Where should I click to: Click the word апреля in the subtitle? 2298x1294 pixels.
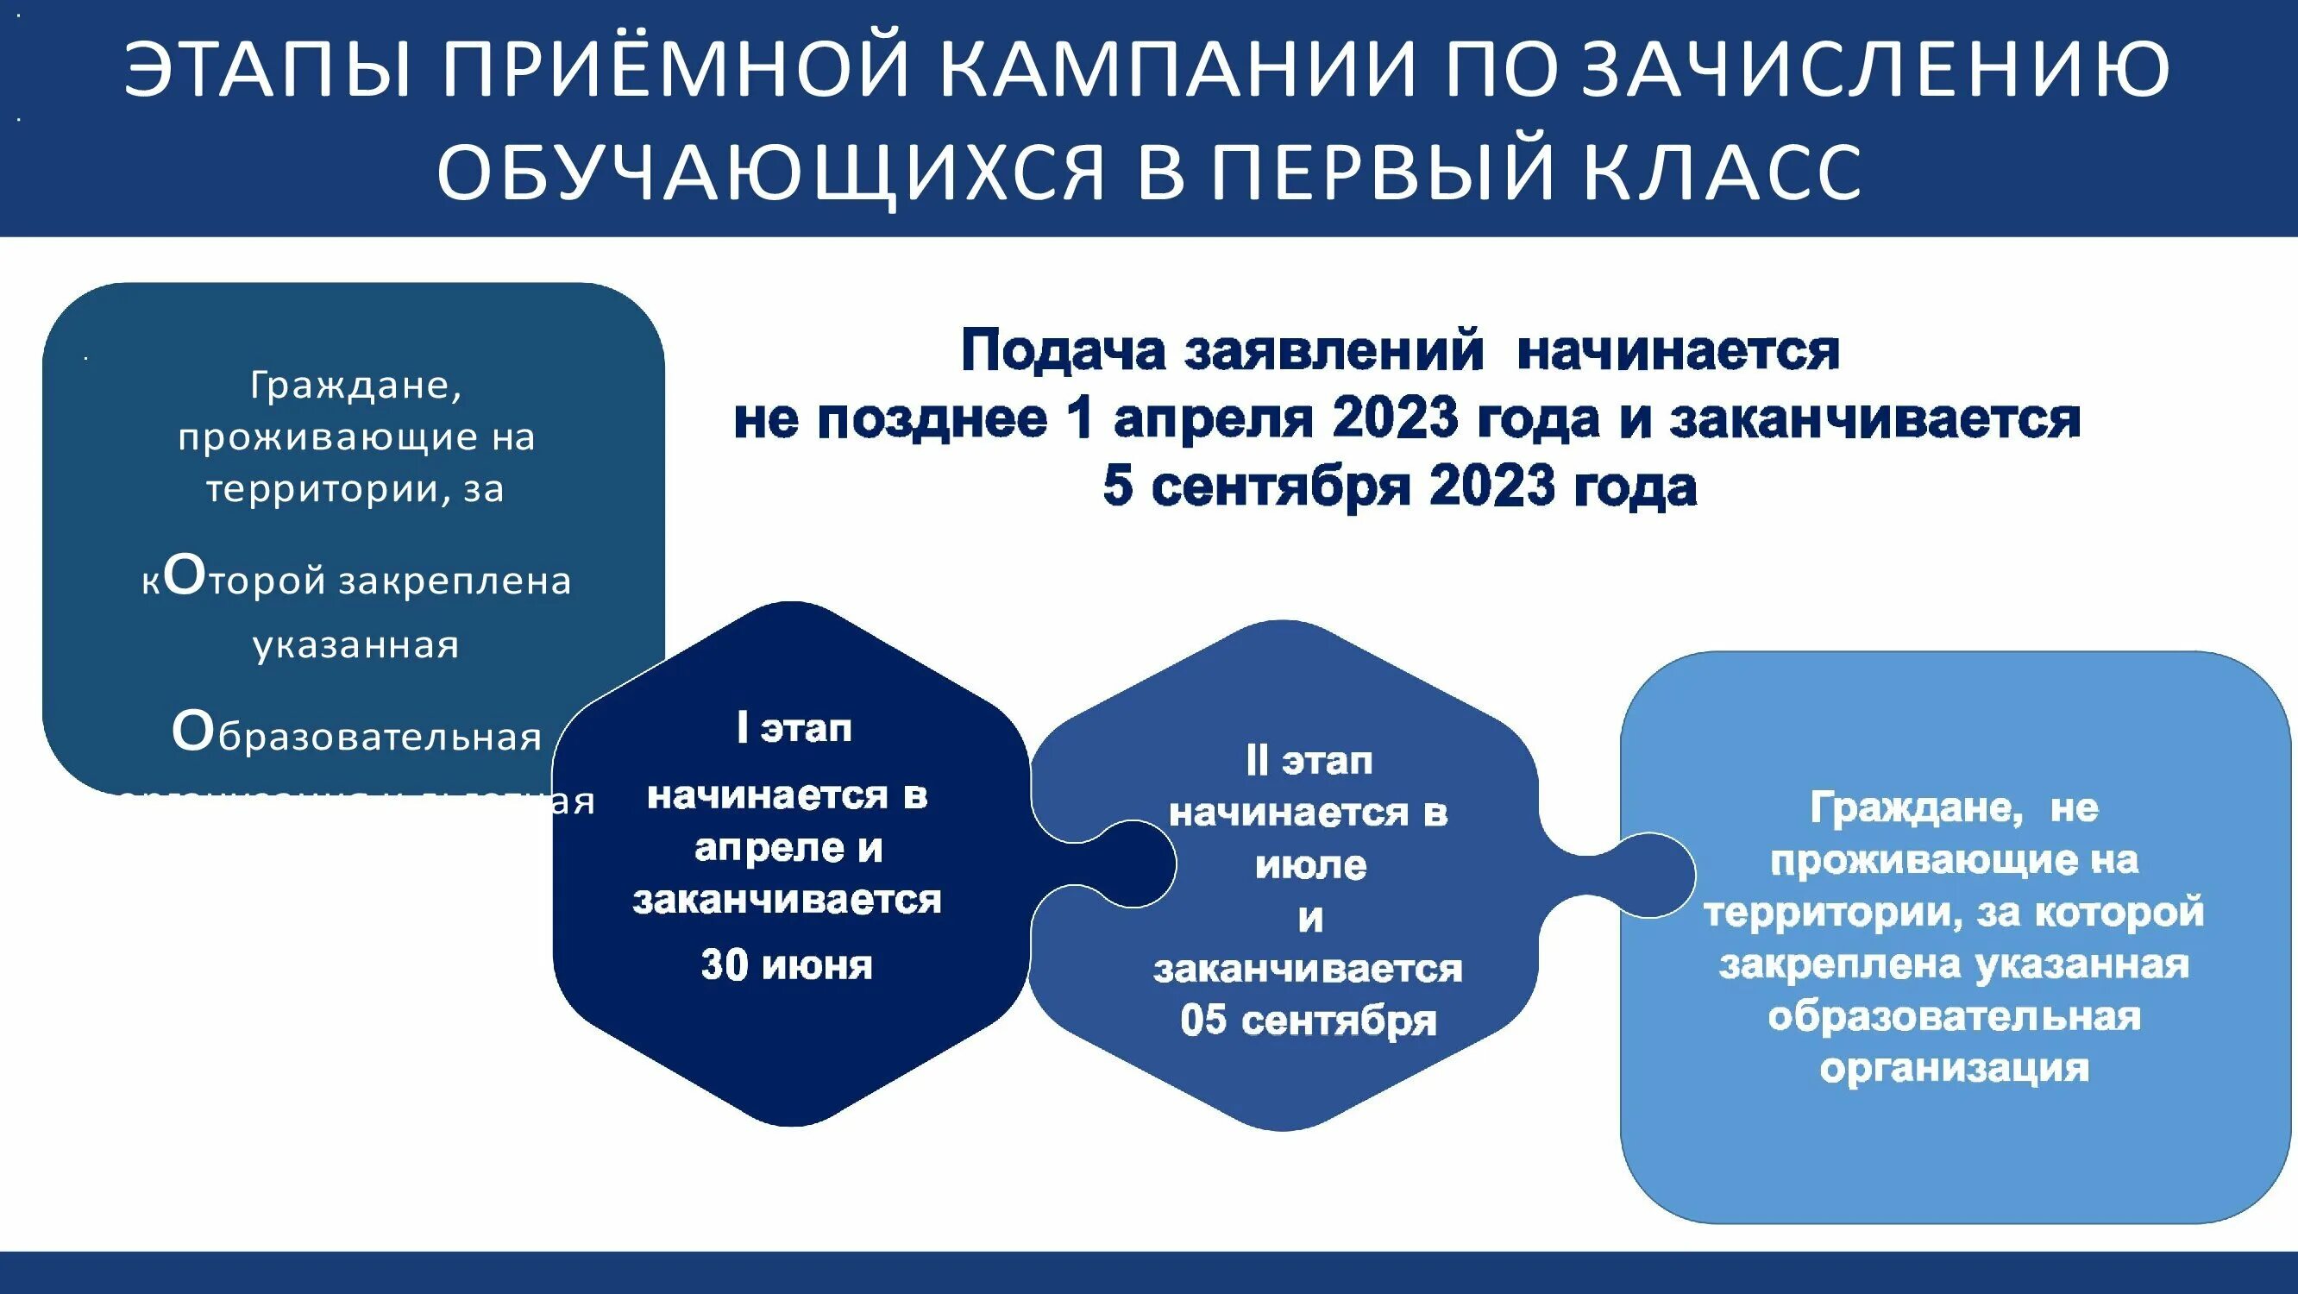coord(1212,418)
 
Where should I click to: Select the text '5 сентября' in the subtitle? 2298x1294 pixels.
coord(1254,487)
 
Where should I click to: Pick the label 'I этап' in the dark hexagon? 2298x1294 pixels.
coord(794,729)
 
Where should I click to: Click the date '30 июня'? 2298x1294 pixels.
coord(787,965)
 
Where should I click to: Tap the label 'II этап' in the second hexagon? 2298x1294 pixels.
coord(1309,761)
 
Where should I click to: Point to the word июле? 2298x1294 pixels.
coord(1310,865)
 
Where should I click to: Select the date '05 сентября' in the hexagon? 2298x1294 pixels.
coord(1309,1020)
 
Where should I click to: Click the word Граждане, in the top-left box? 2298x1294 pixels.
coord(356,386)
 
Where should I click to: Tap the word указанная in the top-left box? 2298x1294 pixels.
coord(356,644)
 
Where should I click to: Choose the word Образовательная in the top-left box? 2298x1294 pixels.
coord(357,735)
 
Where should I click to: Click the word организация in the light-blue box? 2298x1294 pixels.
coord(1954,1068)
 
